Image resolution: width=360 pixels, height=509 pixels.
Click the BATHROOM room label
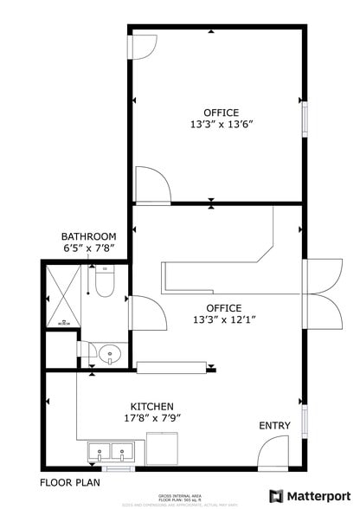pyautogui.click(x=88, y=236)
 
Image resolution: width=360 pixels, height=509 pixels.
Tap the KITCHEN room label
pyautogui.click(x=151, y=406)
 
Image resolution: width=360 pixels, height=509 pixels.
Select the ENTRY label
pyautogui.click(x=275, y=426)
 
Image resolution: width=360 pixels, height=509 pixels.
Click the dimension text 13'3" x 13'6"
pyautogui.click(x=221, y=125)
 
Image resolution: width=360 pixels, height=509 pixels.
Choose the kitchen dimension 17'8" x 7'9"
pyautogui.click(x=151, y=418)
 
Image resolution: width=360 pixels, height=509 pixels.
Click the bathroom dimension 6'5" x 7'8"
pyautogui.click(x=88, y=249)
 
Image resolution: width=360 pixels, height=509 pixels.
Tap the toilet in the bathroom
pyautogui.click(x=105, y=282)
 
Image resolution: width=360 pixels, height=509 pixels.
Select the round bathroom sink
pyautogui.click(x=109, y=353)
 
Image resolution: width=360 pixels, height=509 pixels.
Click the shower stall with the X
pyautogui.click(x=64, y=296)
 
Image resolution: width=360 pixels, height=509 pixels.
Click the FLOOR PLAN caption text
pyautogui.click(x=70, y=481)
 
